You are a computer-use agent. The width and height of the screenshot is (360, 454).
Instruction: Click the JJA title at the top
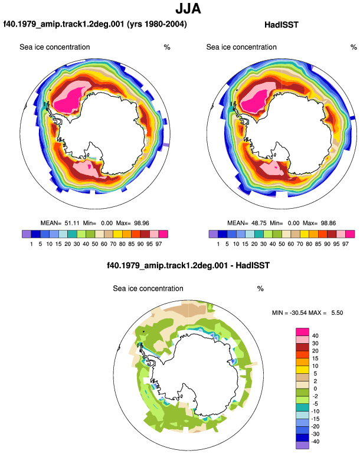point(188,9)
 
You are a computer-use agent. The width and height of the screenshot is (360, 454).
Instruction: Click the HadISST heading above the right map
point(281,25)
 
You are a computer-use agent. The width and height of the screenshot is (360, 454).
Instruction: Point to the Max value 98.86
point(328,223)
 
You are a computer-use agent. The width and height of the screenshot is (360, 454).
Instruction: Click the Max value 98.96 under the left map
point(142,223)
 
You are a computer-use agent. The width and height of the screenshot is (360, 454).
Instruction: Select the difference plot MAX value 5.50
point(337,312)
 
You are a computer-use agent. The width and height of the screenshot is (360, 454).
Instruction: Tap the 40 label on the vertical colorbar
point(315,335)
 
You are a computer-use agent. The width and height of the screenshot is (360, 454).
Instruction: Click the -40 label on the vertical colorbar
point(315,442)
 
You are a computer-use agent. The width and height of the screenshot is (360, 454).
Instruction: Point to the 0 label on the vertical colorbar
point(315,389)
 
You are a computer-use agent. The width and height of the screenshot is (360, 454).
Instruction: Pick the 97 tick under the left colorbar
point(159,244)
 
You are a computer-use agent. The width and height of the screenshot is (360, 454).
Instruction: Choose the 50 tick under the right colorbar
point(282,244)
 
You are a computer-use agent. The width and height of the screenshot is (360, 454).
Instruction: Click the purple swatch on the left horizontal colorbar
point(27,234)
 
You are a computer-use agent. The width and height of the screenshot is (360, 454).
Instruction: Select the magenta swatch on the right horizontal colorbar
point(350,234)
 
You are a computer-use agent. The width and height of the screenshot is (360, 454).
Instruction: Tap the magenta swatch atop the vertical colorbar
point(302,332)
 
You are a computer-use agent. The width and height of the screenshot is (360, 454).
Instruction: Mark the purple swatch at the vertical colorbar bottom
point(302,445)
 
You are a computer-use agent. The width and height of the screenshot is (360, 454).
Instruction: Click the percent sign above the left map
point(167,47)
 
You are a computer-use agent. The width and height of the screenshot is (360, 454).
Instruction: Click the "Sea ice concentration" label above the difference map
point(148,288)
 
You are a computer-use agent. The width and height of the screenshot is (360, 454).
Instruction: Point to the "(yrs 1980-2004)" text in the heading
point(157,24)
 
